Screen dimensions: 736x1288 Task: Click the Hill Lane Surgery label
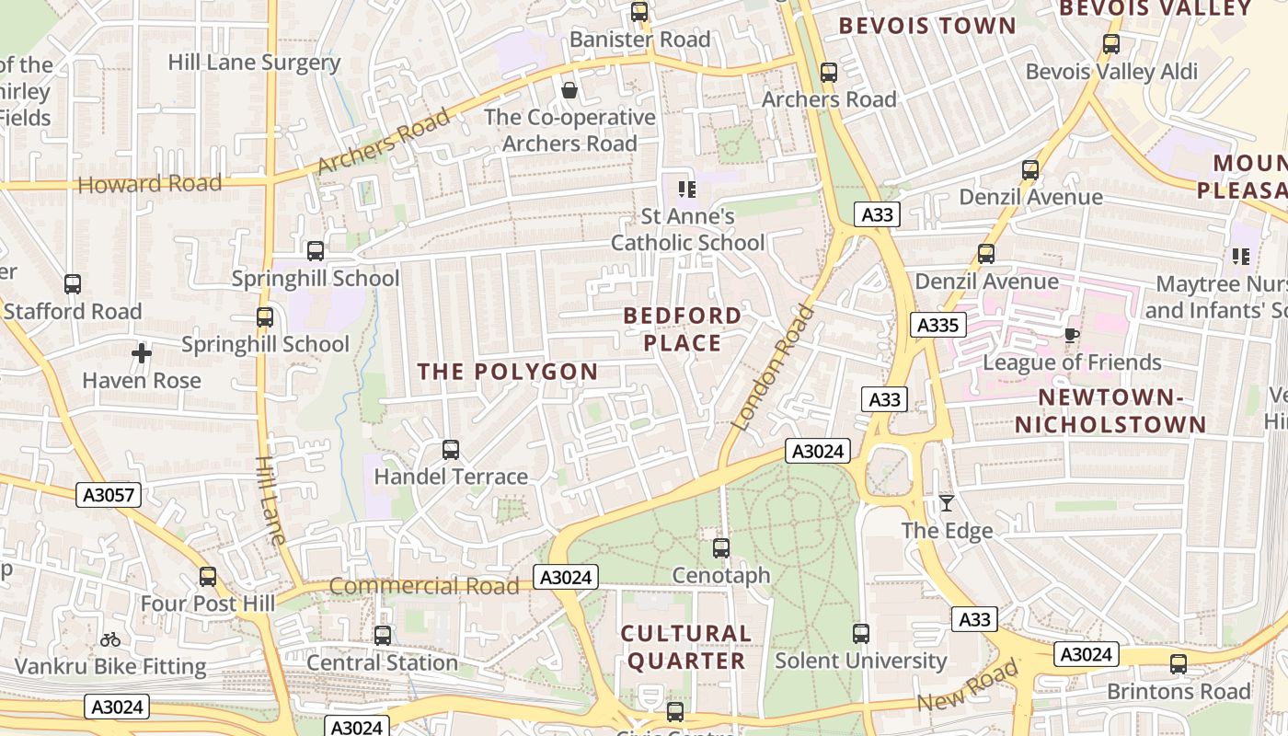click(254, 63)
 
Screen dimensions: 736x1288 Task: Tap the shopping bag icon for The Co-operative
click(569, 90)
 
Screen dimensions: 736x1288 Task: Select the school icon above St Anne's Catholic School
click(686, 190)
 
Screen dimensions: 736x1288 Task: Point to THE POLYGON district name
click(508, 372)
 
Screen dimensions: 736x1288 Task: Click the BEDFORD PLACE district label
click(683, 329)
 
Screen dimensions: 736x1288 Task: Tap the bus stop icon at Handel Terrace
click(451, 449)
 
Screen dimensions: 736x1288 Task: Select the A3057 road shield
click(109, 495)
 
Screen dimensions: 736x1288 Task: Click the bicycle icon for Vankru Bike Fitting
click(110, 639)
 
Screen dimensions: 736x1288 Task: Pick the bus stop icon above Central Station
click(383, 635)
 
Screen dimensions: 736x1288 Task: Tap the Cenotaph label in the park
click(721, 575)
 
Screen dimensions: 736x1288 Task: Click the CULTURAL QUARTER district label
click(685, 647)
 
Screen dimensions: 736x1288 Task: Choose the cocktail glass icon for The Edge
click(946, 503)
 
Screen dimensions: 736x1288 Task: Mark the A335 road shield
click(938, 325)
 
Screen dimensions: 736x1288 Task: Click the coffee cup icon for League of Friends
click(1071, 335)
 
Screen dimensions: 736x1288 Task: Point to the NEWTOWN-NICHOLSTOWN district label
click(1110, 410)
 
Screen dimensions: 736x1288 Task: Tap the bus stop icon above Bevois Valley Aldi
click(1111, 43)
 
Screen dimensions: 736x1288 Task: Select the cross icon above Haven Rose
click(141, 353)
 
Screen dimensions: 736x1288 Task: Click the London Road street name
click(773, 368)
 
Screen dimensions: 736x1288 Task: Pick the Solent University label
click(860, 661)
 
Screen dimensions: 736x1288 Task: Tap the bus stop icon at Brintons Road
click(1179, 663)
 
